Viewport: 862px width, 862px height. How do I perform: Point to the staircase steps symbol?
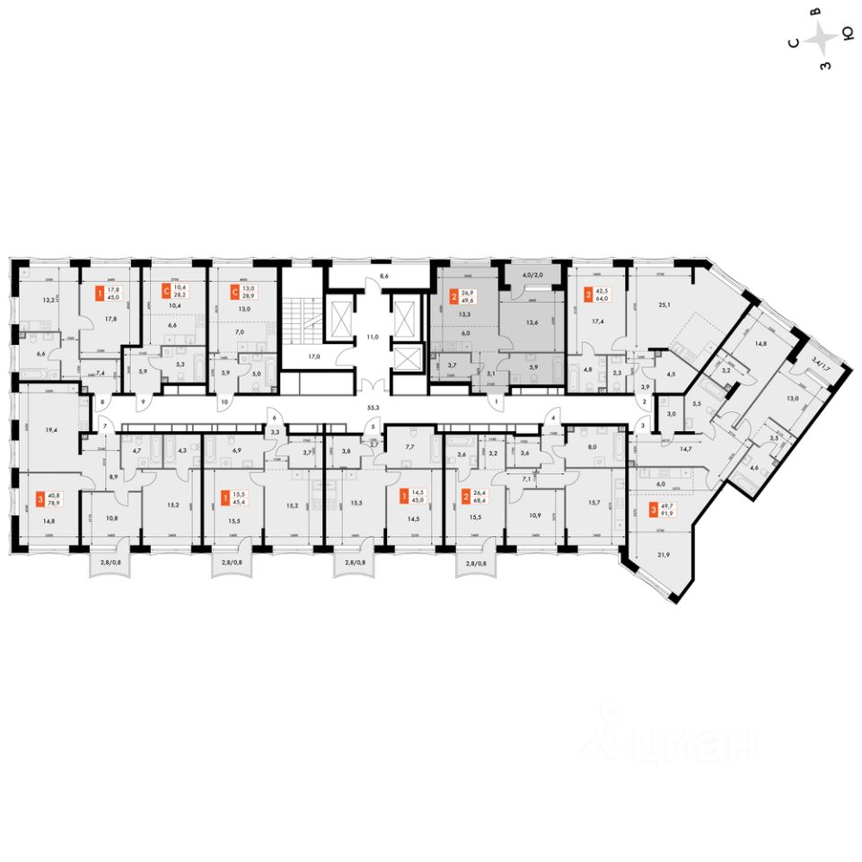tap(296, 318)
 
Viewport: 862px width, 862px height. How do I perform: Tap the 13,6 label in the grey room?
tap(533, 322)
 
